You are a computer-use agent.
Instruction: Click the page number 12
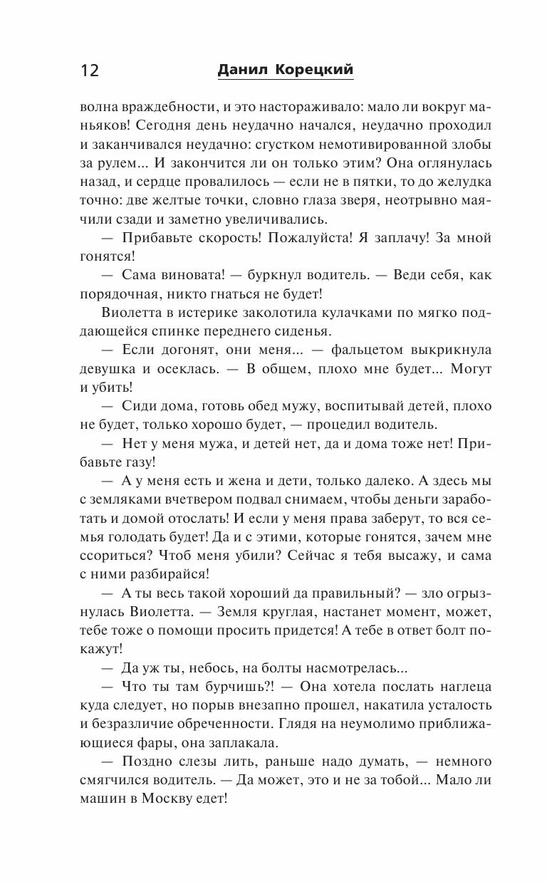click(90, 71)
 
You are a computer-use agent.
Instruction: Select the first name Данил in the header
click(239, 69)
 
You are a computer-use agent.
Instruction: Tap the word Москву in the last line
click(173, 800)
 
